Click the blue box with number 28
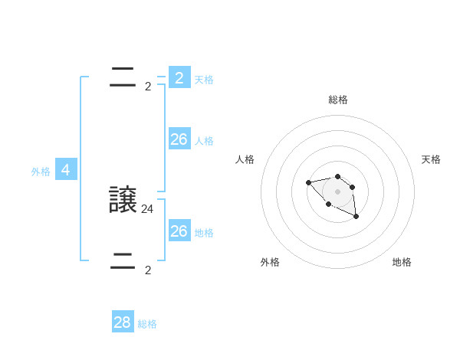tap(123, 322)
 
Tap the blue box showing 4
tap(66, 170)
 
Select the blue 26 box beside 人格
tap(179, 139)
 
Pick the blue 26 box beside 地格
tap(179, 231)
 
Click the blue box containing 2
tap(179, 78)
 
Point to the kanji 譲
tap(123, 200)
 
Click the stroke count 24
tap(148, 208)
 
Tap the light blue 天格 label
tap(204, 80)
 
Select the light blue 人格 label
tap(204, 141)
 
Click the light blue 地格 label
tap(204, 233)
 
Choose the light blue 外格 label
tap(41, 172)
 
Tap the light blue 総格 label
tap(147, 324)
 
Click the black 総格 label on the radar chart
tap(338, 100)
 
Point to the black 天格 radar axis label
tap(431, 159)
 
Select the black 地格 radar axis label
tap(402, 262)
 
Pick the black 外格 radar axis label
tap(270, 262)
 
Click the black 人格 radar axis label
tap(245, 159)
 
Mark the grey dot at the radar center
tap(337, 191)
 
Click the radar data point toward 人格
tap(308, 182)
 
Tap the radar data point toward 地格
tap(356, 218)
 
